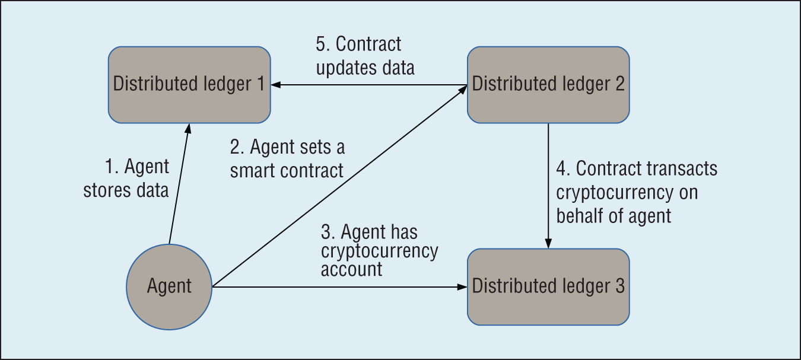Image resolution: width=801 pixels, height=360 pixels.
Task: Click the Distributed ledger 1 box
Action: coord(189,85)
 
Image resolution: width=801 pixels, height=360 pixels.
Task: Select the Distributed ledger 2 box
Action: coord(548,85)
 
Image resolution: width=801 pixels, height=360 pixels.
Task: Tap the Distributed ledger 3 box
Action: coord(548,287)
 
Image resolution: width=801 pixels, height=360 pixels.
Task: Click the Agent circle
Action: coord(169,287)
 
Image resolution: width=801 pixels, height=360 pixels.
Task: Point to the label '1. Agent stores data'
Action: coord(126,179)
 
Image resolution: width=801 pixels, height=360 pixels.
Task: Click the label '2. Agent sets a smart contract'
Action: coord(287,158)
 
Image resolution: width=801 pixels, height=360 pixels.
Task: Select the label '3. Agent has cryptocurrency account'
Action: coord(380,250)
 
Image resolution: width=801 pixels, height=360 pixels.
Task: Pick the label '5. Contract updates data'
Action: coord(364,56)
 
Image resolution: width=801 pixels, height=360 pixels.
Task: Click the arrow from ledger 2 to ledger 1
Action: coord(368,85)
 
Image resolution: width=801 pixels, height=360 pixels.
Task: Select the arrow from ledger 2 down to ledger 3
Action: coord(548,184)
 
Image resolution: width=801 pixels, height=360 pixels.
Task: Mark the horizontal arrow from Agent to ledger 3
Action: coord(338,287)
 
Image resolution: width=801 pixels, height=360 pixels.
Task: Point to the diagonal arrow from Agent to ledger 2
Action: coord(338,187)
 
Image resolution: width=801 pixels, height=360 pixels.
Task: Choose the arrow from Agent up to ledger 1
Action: coord(179,184)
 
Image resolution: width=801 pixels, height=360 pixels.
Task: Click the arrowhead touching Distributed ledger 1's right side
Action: coord(276,85)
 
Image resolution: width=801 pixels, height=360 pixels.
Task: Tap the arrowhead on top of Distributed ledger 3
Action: coord(548,244)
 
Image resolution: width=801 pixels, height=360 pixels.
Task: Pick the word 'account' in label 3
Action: coord(351,269)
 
